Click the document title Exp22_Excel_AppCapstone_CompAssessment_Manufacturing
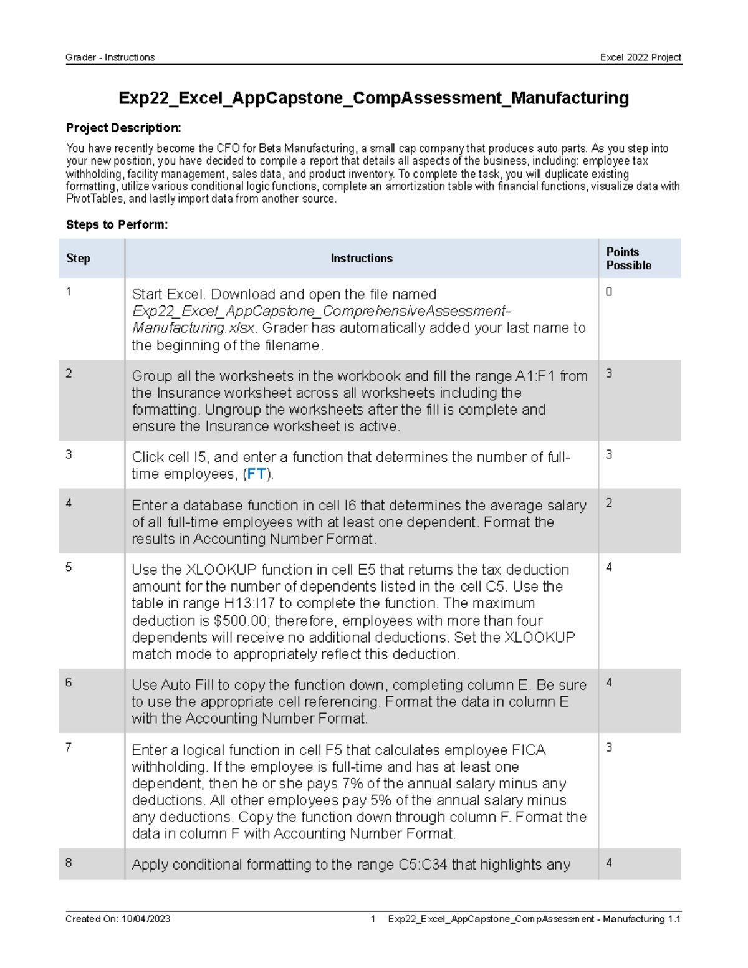pos(373,98)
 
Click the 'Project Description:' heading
pos(123,128)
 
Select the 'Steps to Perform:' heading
pos(117,224)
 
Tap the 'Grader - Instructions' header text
pos(110,57)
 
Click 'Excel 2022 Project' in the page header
pos(640,57)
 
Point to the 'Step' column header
pos(78,258)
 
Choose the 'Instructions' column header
pos(362,258)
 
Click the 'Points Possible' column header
pos(628,258)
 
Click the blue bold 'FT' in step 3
pos(256,474)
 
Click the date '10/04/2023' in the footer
pos(146,919)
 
